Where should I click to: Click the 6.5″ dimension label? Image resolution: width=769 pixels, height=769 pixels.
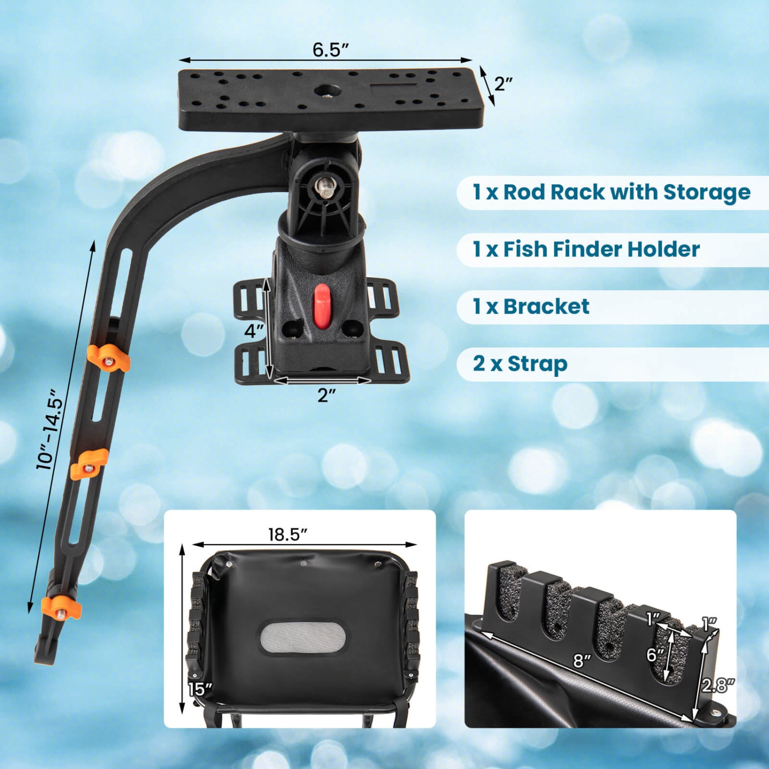tap(331, 50)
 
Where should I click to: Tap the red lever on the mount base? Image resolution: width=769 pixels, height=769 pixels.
tap(322, 306)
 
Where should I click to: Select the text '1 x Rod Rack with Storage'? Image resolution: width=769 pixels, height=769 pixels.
tap(611, 192)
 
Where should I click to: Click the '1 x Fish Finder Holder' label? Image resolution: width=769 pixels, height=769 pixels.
tap(586, 250)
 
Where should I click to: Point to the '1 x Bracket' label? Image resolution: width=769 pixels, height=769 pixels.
tap(531, 307)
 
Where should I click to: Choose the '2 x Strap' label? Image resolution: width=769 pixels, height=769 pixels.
tap(520, 364)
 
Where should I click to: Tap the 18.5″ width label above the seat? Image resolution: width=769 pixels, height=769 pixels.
tap(288, 534)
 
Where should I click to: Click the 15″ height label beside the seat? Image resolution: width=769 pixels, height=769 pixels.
tap(199, 690)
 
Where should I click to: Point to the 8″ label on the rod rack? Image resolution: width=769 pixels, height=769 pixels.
tap(582, 661)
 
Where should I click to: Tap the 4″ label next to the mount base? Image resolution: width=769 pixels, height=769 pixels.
tap(254, 331)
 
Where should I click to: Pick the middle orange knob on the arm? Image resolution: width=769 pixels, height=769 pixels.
tap(89, 464)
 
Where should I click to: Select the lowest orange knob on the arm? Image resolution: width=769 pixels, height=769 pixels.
tap(62, 608)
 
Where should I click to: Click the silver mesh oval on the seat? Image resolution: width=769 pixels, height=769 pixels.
tap(302, 638)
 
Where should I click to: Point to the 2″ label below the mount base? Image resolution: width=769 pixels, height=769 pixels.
tap(327, 395)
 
